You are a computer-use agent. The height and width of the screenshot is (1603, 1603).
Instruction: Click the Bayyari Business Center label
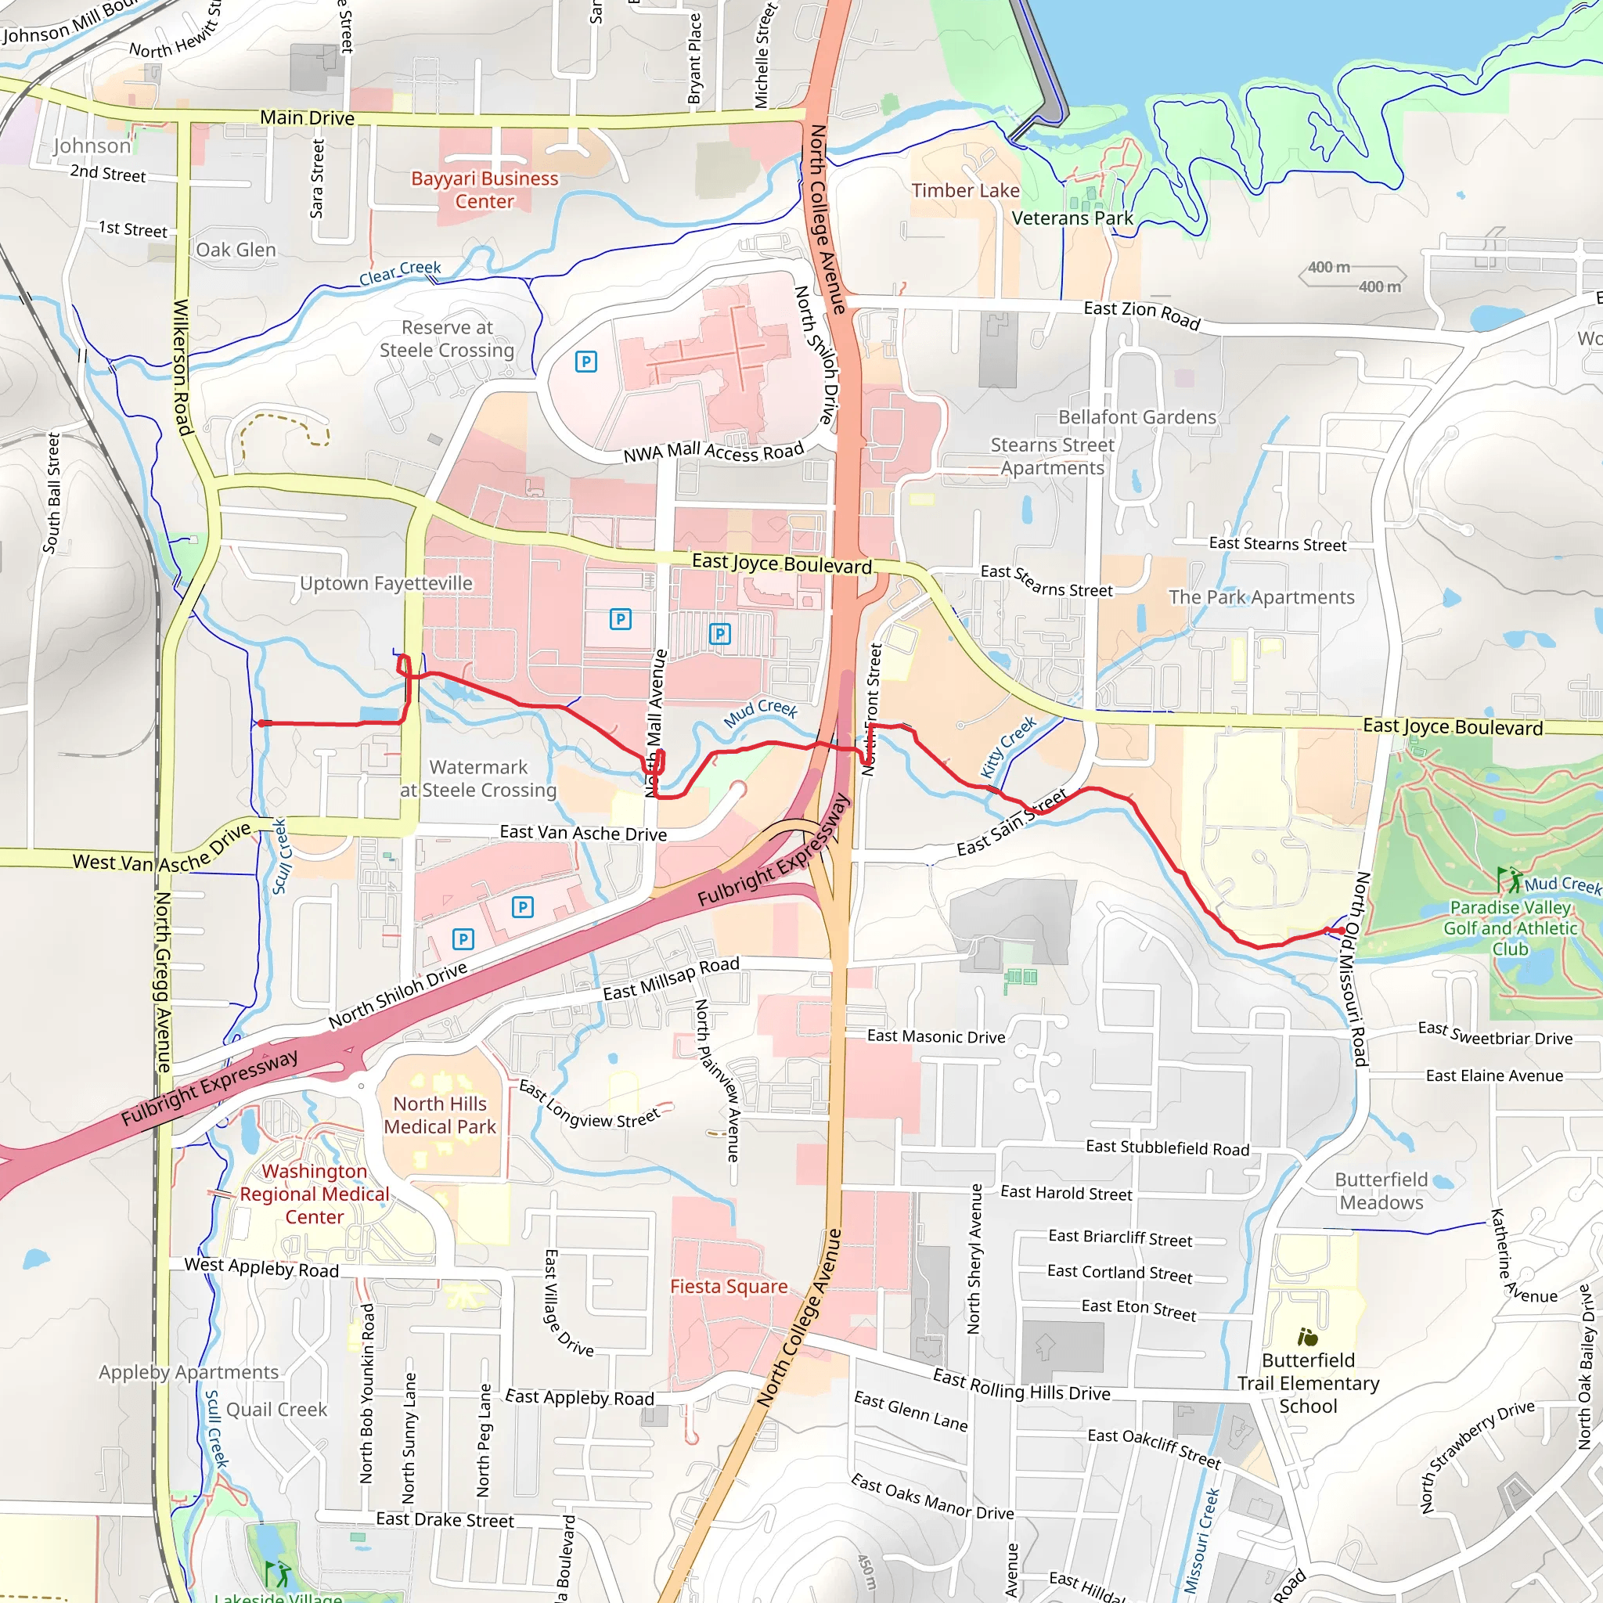(485, 190)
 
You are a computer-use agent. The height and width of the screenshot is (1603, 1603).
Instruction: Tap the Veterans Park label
(1072, 218)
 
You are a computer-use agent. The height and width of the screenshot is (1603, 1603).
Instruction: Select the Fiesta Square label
(729, 1286)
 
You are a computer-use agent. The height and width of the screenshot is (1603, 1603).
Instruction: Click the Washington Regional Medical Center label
(315, 1194)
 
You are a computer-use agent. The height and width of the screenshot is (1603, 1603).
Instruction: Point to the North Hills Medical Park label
(440, 1115)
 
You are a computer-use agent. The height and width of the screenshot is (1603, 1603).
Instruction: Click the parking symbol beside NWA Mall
(585, 361)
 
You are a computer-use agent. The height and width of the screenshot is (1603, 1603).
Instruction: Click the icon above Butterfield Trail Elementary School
(1308, 1337)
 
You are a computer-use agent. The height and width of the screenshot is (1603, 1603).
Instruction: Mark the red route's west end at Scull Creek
(261, 723)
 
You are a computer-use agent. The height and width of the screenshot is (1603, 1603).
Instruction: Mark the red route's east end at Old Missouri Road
(1341, 931)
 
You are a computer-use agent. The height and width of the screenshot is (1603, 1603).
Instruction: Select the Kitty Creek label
(1008, 747)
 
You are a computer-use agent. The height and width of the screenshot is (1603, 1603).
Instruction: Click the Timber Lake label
(965, 191)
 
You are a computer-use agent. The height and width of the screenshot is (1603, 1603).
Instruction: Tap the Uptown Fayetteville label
(386, 583)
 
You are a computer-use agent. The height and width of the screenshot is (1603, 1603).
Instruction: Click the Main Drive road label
(307, 118)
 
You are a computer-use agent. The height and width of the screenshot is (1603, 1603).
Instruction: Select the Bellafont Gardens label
(1137, 417)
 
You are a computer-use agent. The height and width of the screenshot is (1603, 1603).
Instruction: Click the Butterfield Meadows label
(1381, 1191)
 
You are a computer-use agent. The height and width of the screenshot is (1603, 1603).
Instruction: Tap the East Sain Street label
(1011, 823)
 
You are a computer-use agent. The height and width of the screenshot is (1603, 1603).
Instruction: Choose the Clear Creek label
(400, 272)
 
